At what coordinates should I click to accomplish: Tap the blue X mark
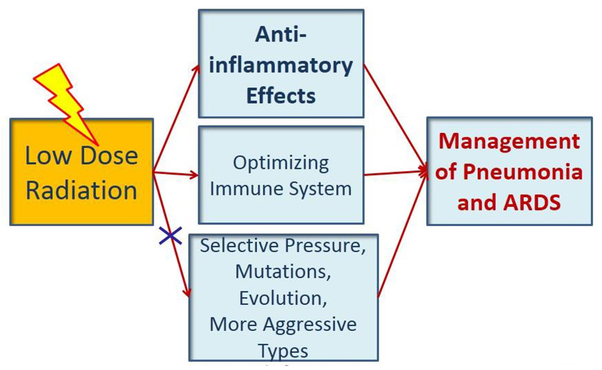pos(171,236)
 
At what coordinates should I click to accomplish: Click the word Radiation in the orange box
pos(81,191)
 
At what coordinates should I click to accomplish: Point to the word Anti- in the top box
pos(281,35)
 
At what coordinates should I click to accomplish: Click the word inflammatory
pos(281,66)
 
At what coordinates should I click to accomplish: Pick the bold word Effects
pos(281,96)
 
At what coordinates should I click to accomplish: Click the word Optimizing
pos(281,163)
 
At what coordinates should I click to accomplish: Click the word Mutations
pos(283,272)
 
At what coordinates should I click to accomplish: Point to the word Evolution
pos(283,298)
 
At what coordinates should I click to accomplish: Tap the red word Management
pos(509,141)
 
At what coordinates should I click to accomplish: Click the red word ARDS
pos(532,202)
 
